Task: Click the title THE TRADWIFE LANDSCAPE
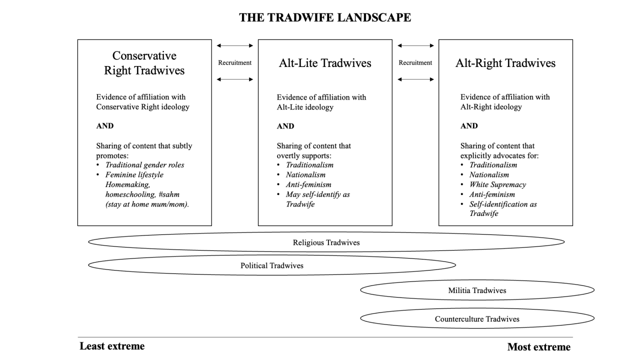tap(325, 17)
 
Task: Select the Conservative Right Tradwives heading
tap(144, 63)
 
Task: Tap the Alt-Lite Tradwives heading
tap(325, 63)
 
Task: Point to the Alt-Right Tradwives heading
tap(505, 63)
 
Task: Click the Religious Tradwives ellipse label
tap(326, 242)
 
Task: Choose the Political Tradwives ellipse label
tap(272, 265)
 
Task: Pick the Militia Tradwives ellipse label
tap(477, 290)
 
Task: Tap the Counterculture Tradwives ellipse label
tap(477, 319)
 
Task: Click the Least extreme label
tap(112, 346)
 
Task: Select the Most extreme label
tap(539, 347)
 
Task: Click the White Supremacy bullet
tap(497, 184)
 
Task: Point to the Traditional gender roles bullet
tap(145, 165)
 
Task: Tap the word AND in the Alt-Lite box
tap(285, 126)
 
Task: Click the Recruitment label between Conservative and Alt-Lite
tap(235, 62)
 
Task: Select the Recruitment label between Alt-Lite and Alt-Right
tap(415, 62)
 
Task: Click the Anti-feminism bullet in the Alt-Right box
tap(492, 194)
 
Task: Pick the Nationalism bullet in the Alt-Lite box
tap(305, 175)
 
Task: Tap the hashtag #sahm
tap(169, 194)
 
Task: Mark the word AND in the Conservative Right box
tap(105, 125)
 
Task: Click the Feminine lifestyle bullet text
tap(134, 175)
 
